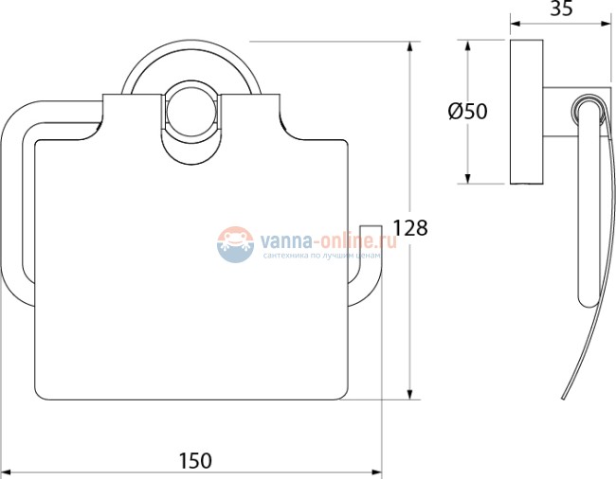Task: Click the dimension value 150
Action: click(195, 460)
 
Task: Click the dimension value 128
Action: click(410, 227)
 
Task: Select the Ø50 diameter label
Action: click(467, 112)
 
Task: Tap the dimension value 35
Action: click(561, 9)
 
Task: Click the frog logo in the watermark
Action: click(235, 244)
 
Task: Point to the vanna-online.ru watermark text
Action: click(329, 239)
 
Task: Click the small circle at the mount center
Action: click(191, 110)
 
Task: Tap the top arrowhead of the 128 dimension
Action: click(409, 47)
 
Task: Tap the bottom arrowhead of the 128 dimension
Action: click(409, 394)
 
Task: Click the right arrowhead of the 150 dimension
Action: click(376, 471)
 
